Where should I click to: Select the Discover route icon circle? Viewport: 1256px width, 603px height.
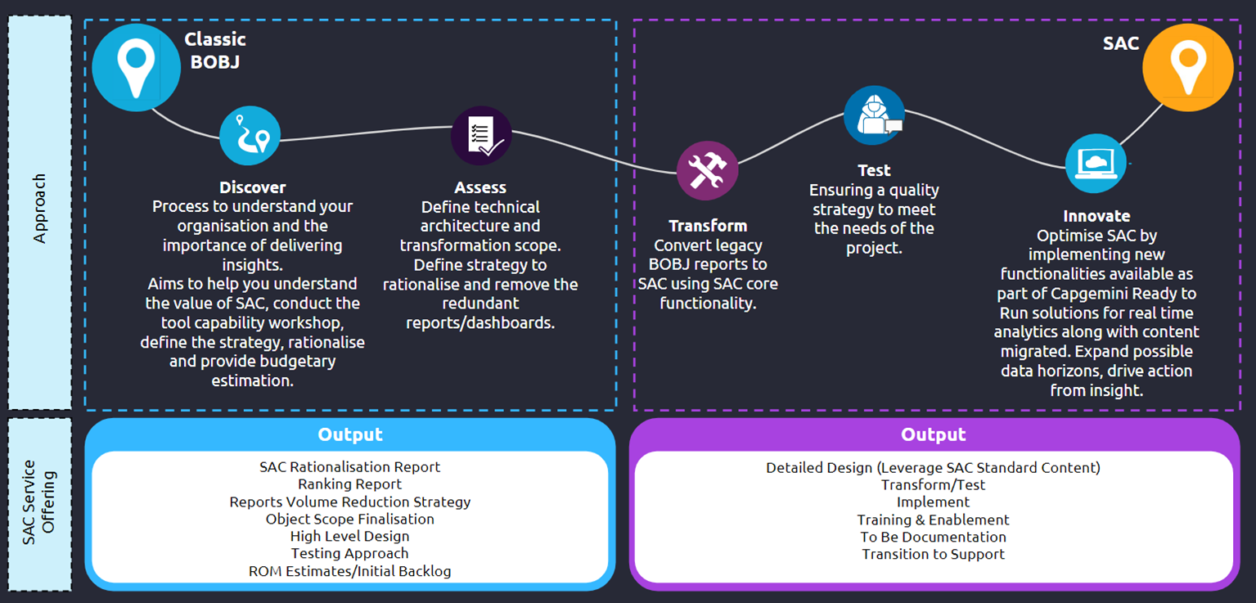(x=250, y=136)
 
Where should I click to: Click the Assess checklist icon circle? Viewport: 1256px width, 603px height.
(x=481, y=136)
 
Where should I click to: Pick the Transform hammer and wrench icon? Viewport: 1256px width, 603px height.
(x=707, y=170)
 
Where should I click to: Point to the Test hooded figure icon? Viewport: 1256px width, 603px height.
(x=874, y=115)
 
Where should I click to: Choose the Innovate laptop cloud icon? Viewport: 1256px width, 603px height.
(x=1096, y=164)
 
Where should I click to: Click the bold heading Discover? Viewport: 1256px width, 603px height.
(x=252, y=187)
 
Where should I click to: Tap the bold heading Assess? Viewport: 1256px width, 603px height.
(x=480, y=187)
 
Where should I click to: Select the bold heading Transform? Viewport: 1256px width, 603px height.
(x=708, y=226)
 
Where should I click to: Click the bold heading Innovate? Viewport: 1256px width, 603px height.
(x=1096, y=216)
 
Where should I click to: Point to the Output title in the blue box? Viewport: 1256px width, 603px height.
(x=350, y=434)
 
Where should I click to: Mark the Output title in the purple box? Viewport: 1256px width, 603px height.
(x=933, y=434)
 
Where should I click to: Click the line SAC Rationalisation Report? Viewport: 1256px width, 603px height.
(x=349, y=467)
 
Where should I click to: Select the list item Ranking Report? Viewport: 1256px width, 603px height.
(x=349, y=484)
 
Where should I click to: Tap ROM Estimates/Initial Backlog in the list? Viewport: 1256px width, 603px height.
(x=349, y=571)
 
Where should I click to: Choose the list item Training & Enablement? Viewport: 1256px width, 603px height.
(x=933, y=520)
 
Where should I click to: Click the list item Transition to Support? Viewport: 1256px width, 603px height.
(x=933, y=554)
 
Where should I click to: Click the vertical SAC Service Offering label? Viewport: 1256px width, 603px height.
(x=39, y=502)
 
